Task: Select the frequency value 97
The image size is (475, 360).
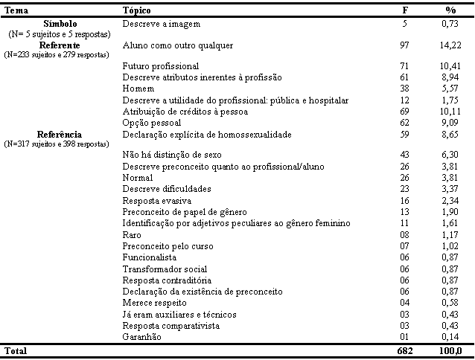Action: tap(405, 46)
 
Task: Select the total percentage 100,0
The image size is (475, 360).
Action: tap(450, 350)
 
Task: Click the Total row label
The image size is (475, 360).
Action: tap(16, 350)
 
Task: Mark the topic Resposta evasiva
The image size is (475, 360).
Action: tap(156, 201)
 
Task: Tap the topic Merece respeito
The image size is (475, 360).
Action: tap(154, 303)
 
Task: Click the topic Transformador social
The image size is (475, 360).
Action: tap(159, 269)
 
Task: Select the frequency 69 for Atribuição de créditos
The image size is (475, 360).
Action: tap(405, 112)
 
